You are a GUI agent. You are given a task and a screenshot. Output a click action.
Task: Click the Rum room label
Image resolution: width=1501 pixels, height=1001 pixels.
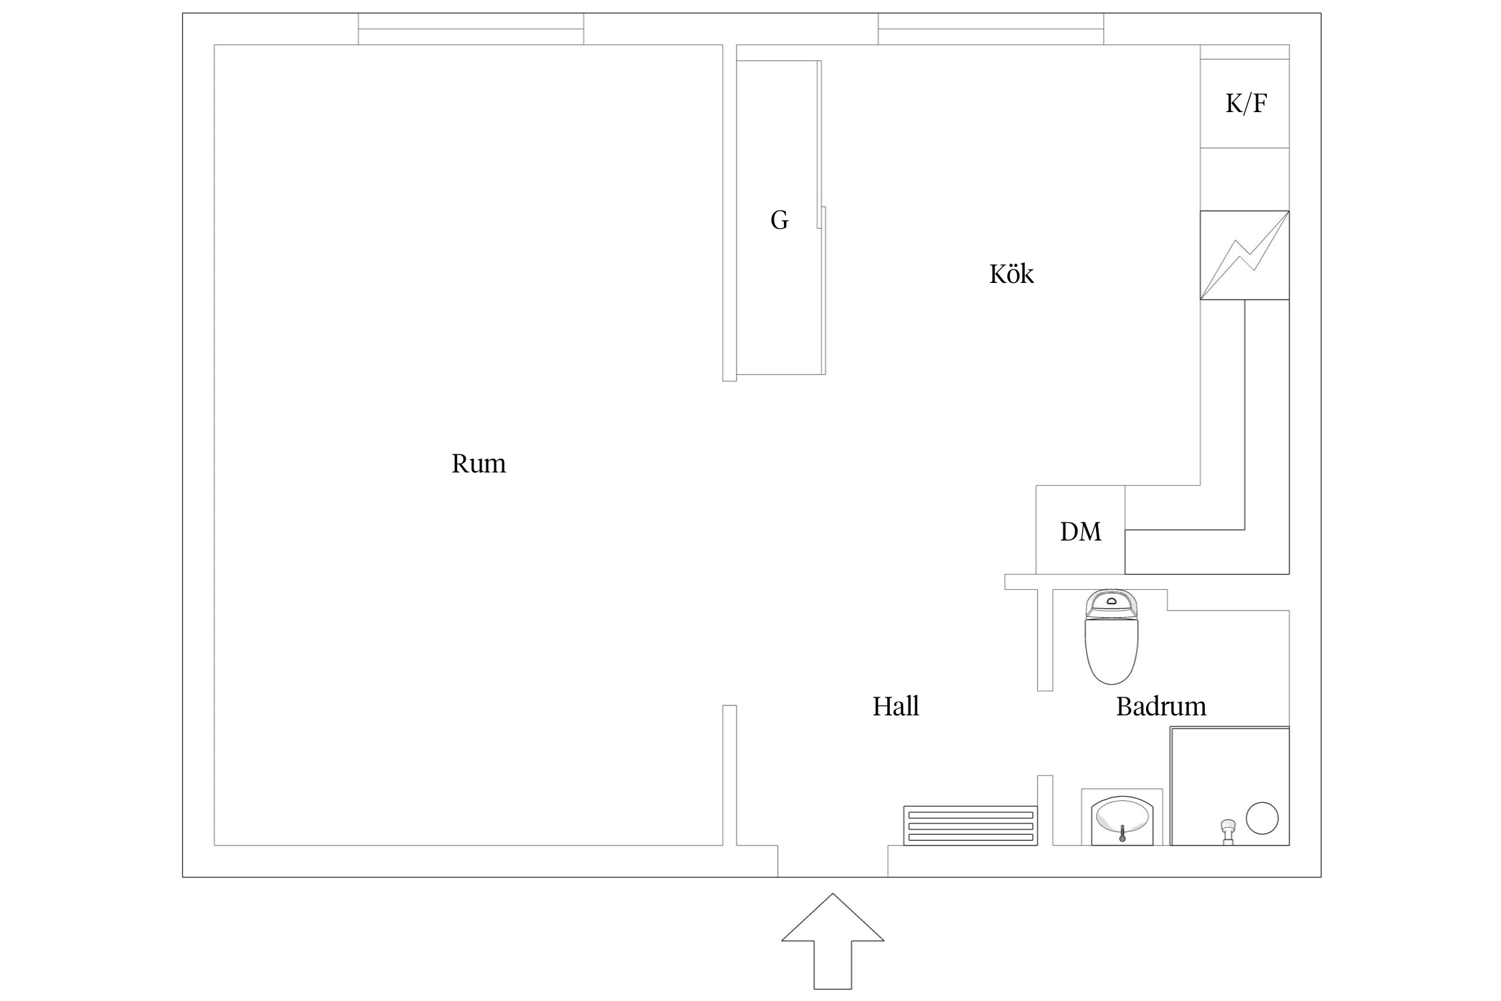[x=478, y=464]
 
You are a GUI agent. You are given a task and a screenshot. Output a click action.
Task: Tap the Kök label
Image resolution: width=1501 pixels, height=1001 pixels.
[x=1011, y=274]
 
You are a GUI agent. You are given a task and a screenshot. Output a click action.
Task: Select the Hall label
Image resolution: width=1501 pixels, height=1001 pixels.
[x=895, y=706]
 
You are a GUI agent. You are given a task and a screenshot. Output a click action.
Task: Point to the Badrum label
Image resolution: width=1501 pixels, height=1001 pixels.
[x=1161, y=706]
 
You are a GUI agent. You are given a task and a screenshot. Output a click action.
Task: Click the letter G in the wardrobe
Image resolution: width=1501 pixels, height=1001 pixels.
[x=779, y=220]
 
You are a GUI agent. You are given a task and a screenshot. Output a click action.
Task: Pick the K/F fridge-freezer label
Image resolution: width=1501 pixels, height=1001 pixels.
[x=1245, y=103]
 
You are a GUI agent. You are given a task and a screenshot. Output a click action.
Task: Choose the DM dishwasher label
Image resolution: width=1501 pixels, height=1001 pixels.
[x=1080, y=531]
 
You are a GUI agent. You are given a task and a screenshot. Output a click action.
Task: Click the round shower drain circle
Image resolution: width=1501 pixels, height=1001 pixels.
[x=1262, y=817]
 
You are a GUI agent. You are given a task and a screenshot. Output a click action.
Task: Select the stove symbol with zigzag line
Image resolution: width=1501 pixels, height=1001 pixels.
[x=1244, y=255]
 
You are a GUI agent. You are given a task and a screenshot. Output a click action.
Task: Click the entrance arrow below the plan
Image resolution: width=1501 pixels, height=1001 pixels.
[x=833, y=948]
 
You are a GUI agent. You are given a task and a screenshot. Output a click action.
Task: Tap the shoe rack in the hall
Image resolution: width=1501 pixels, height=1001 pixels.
[x=970, y=826]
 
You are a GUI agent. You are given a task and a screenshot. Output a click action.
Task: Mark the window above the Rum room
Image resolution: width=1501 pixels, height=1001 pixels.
[x=471, y=29]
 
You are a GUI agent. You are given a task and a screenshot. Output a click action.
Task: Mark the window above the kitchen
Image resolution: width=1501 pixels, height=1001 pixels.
[x=990, y=29]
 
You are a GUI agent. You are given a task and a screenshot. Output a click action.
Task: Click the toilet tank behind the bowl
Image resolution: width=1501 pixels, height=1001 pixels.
[x=1111, y=603]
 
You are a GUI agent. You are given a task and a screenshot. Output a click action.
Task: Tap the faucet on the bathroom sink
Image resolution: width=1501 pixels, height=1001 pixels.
[x=1122, y=833]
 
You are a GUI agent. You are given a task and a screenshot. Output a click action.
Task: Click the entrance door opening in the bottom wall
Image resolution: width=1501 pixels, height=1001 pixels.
[x=833, y=861]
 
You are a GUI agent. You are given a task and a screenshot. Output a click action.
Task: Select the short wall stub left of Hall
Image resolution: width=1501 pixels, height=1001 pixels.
[x=729, y=775]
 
